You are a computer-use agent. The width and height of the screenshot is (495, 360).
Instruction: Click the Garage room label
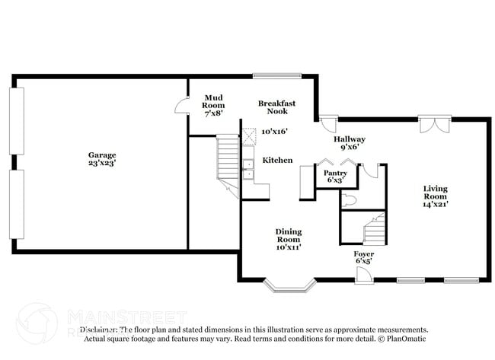101,155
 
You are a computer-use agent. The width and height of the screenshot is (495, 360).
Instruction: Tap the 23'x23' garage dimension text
101,163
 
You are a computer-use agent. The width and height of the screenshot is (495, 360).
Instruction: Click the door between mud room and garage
181,107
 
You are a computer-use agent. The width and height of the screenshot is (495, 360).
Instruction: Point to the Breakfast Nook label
276,107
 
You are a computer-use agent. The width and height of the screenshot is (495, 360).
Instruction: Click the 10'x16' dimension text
275,132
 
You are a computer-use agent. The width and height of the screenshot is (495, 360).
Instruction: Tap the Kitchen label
277,161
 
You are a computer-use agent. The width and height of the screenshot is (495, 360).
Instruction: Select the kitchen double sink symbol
247,168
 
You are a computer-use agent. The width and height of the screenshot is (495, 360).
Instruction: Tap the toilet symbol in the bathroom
348,201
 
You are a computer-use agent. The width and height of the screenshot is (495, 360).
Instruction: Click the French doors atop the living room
435,123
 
